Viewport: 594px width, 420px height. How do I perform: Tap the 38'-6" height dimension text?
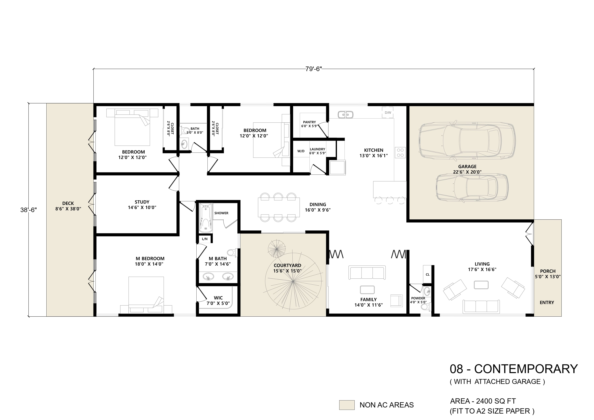[x=29, y=210]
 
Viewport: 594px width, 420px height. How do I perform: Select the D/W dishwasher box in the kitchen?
[x=388, y=113]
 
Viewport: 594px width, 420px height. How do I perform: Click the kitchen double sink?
[x=346, y=114]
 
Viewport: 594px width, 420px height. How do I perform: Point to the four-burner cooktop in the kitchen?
[x=400, y=153]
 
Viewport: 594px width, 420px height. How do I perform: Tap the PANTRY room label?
[x=309, y=122]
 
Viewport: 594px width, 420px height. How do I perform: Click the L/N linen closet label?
[x=205, y=239]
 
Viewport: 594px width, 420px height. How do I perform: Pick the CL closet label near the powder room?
[x=428, y=274]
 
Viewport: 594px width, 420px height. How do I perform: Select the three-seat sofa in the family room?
[x=367, y=273]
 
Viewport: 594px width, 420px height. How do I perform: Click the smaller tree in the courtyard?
[x=277, y=249]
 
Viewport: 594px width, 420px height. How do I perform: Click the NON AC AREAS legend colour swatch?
[x=347, y=405]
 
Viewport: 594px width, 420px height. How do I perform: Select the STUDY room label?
[x=142, y=202]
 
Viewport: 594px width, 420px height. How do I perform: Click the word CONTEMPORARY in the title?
[x=526, y=369]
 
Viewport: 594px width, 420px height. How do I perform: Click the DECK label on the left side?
[x=68, y=203]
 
